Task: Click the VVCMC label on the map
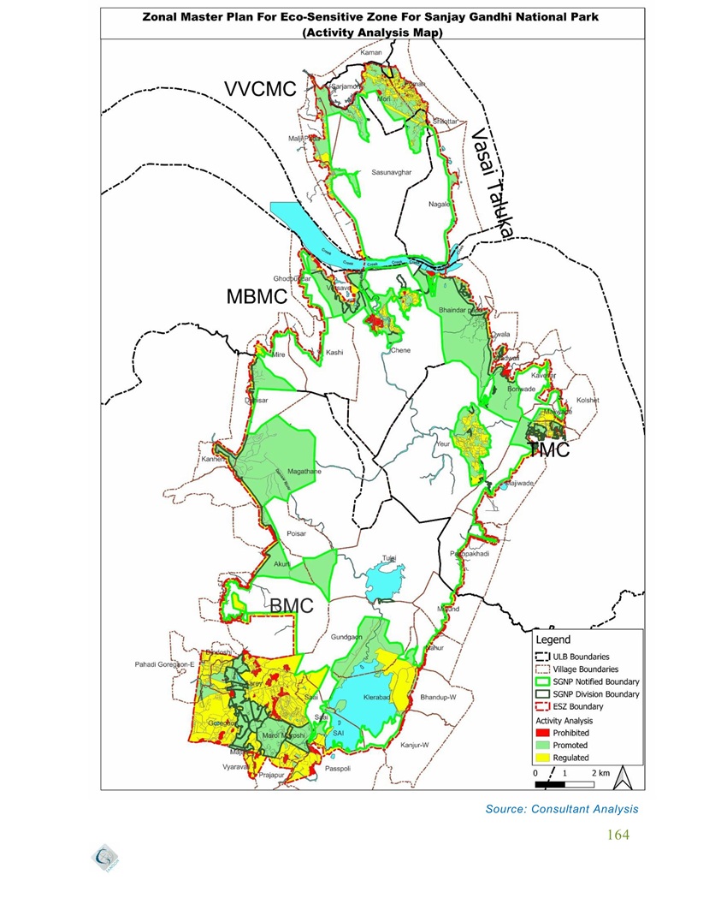(x=259, y=90)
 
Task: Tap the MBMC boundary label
(x=256, y=297)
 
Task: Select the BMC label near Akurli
(x=292, y=606)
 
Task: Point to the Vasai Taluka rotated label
(x=491, y=183)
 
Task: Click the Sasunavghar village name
(x=392, y=172)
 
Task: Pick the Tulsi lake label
(x=389, y=558)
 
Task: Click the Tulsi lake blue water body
(x=382, y=584)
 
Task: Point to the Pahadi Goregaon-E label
(x=166, y=664)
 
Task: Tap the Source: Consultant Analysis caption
(x=561, y=808)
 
